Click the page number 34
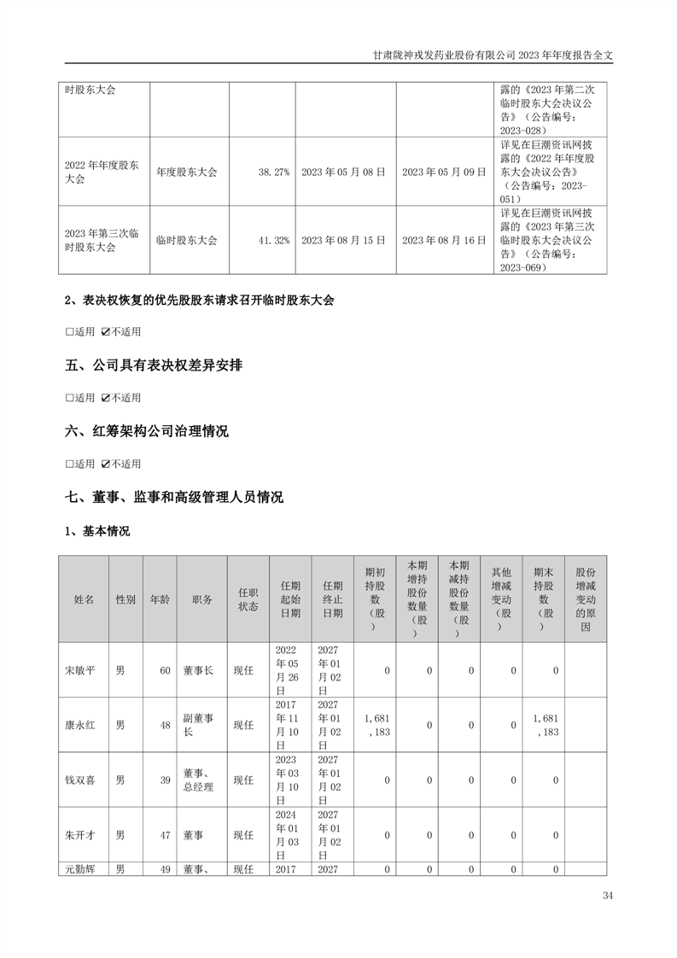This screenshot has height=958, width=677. pos(607,896)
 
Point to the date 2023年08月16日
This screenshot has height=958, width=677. pos(443,241)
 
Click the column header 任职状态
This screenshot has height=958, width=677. pos(248,599)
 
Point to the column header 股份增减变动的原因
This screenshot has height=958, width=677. pos(585,599)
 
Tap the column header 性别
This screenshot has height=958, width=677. pos(125,599)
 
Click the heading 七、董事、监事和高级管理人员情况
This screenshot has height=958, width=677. pos(174,497)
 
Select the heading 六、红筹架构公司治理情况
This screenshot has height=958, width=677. pos(147,431)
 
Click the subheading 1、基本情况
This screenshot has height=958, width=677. pos(97,531)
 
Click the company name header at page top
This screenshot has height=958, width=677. pos(493,53)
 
